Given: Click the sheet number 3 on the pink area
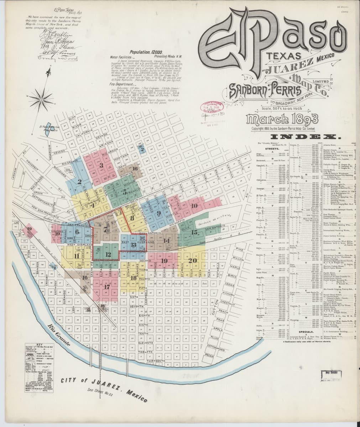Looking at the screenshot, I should tap(101, 165).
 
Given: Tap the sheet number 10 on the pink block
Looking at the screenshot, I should tap(194, 205).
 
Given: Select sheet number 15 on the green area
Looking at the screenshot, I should tap(194, 232).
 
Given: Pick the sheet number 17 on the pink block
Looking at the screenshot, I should tap(107, 286).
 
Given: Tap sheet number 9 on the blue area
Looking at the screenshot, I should tap(158, 213).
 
